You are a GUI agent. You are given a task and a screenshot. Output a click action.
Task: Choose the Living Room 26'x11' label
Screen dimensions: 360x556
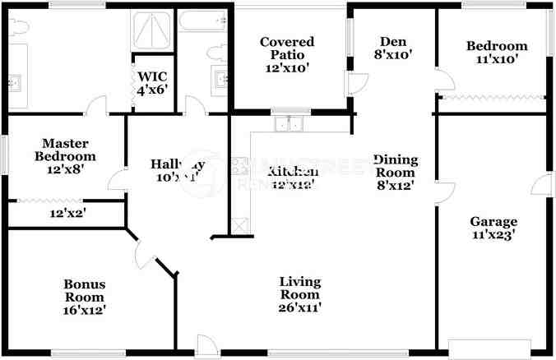click(x=299, y=295)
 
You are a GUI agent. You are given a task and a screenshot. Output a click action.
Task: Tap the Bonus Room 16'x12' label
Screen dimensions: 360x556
click(x=85, y=298)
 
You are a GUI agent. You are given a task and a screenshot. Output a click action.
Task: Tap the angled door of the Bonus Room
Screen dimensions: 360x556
click(x=144, y=251)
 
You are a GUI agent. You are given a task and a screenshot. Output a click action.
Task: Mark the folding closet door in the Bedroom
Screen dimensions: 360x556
click(x=491, y=98)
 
